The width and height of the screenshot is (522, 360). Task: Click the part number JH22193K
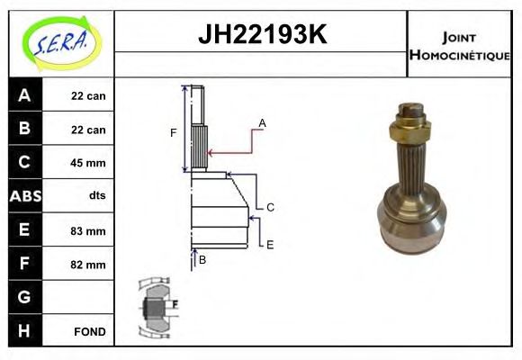point(261,36)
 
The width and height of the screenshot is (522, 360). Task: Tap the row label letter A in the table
point(24,95)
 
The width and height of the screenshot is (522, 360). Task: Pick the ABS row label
point(24,196)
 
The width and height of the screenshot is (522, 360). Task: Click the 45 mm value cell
point(88,163)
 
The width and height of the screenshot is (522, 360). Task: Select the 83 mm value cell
point(88,231)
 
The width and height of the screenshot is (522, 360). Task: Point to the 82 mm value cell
point(88,265)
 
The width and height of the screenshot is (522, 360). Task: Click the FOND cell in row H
point(88,331)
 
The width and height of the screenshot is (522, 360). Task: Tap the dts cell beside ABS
point(88,196)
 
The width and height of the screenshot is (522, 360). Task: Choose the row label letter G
point(24,297)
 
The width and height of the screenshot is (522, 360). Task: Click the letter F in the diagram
point(174,133)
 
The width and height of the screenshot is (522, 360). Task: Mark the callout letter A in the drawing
point(262,121)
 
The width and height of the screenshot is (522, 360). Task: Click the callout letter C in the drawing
point(270,207)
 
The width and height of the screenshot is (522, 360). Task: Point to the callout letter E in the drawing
point(269,244)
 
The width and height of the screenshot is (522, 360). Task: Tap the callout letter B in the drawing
point(202,260)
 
